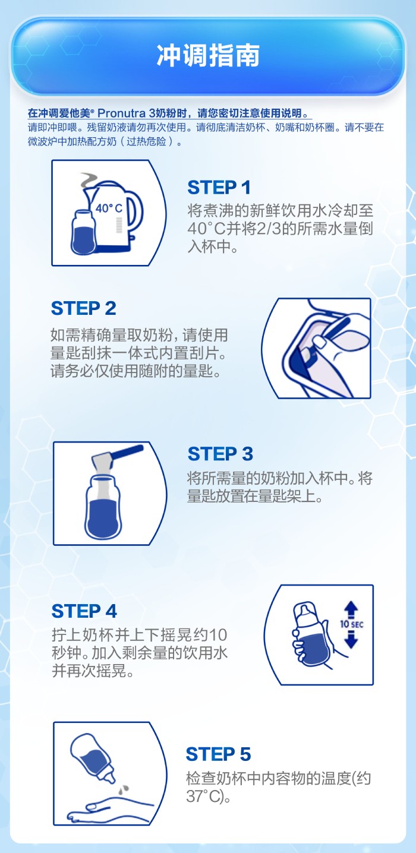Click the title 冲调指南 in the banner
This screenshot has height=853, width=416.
[x=208, y=55]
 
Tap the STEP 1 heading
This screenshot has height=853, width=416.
[x=219, y=187]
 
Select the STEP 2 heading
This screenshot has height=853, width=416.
[x=83, y=308]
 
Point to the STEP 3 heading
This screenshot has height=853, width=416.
[x=220, y=454]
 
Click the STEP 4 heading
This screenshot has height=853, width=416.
[x=84, y=611]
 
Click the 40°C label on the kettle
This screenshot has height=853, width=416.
[x=109, y=208]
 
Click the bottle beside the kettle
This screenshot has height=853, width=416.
[x=83, y=232]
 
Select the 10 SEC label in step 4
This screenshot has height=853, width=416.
[x=352, y=624]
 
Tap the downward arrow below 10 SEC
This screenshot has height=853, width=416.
[x=351, y=639]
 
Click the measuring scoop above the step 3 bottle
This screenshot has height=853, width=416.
[x=117, y=459]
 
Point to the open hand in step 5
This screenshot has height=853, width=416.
[x=111, y=807]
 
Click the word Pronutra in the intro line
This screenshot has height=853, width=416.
[x=121, y=113]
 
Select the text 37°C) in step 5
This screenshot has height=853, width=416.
[x=207, y=796]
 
